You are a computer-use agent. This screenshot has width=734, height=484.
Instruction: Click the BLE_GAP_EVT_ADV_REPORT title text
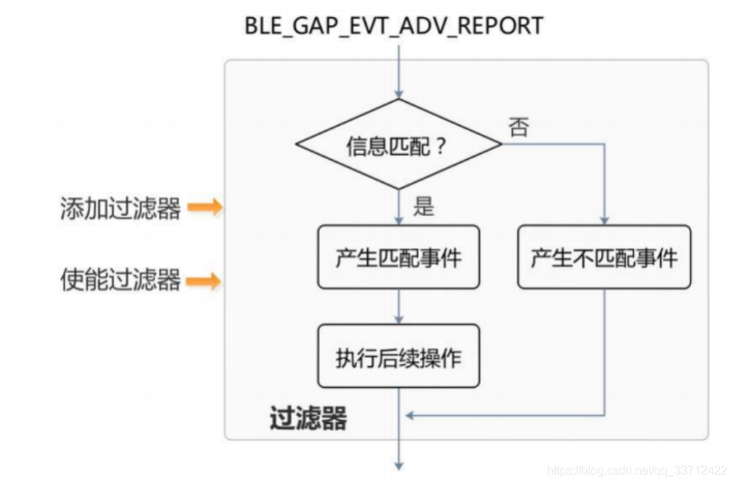click(393, 25)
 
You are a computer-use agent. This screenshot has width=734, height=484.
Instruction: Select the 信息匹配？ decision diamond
click(398, 145)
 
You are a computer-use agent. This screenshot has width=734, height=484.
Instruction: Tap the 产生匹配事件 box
click(398, 258)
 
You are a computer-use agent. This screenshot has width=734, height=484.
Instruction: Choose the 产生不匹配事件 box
click(604, 258)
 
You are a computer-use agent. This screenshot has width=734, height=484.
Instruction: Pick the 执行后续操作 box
click(398, 356)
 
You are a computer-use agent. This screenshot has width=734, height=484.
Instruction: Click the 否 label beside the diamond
click(518, 127)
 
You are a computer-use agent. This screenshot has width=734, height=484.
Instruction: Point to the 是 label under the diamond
click(423, 206)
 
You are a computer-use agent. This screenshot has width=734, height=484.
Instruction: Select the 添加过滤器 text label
click(120, 209)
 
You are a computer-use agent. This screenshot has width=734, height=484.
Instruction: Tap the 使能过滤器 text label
click(120, 280)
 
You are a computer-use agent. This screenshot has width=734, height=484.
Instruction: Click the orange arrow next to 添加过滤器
click(204, 208)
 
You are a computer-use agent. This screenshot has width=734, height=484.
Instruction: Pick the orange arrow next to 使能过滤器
click(204, 281)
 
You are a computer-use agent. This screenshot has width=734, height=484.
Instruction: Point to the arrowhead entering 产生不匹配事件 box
click(605, 221)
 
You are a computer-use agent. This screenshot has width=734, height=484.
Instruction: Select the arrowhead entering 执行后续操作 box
click(398, 318)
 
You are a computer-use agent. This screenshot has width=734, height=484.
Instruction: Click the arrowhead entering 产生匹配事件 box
click(398, 221)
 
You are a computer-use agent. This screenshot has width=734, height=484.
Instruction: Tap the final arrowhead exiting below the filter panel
click(398, 465)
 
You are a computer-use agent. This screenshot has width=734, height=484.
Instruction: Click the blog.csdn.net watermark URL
click(636, 470)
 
